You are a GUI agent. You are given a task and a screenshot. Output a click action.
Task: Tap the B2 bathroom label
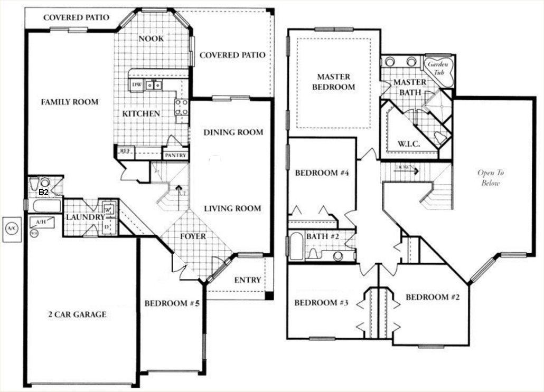pyautogui.click(x=44, y=193)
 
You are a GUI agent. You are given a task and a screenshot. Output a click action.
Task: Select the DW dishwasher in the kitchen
pyautogui.click(x=136, y=84)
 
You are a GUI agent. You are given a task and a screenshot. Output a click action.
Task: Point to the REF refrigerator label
pyautogui.click(x=125, y=151)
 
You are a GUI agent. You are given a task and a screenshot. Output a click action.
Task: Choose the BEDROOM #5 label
pyautogui.click(x=171, y=303)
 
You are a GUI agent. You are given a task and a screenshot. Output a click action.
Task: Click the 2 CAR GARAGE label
pyautogui.click(x=76, y=314)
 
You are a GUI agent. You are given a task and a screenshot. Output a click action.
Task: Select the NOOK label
pyautogui.click(x=151, y=39)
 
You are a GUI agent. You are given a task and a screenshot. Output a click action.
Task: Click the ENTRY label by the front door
pyautogui.click(x=247, y=280)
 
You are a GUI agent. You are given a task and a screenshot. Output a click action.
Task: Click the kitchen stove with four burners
pyautogui.click(x=182, y=107)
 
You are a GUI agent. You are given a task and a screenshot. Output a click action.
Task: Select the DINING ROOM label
pyautogui.click(x=233, y=132)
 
